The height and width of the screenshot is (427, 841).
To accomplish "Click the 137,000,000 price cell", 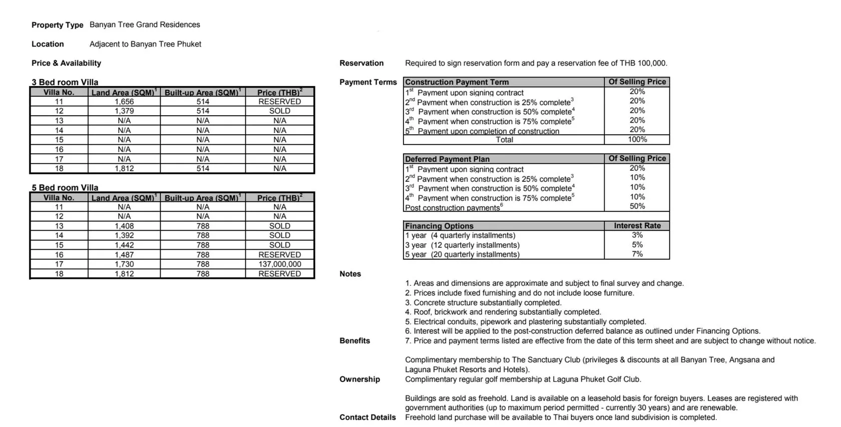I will pyautogui.click(x=279, y=264).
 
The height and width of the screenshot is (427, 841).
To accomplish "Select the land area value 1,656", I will pyautogui.click(x=124, y=102).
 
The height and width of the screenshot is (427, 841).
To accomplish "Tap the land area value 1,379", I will pyautogui.click(x=124, y=111).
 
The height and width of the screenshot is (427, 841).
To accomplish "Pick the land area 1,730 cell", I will pyautogui.click(x=124, y=264).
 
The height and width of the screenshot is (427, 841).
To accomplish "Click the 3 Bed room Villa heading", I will pyautogui.click(x=65, y=82).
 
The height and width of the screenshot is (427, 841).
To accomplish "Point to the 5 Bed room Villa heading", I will pyautogui.click(x=65, y=188).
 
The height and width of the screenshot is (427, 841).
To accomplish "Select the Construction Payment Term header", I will pyautogui.click(x=457, y=82).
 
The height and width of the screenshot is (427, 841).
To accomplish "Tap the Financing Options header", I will pyautogui.click(x=439, y=226).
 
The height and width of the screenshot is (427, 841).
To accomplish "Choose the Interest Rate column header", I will pyautogui.click(x=637, y=226).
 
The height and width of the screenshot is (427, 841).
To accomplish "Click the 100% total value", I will pyautogui.click(x=637, y=140).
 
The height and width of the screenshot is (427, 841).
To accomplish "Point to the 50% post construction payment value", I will pyautogui.click(x=637, y=206).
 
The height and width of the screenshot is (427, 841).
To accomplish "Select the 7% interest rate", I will pyautogui.click(x=637, y=254).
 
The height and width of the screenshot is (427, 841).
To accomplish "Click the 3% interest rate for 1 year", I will pyautogui.click(x=637, y=235).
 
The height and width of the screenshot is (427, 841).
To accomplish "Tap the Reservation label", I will pyautogui.click(x=361, y=63).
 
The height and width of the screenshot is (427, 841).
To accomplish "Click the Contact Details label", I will pyautogui.click(x=367, y=417).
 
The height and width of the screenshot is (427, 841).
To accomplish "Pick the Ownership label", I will pyautogui.click(x=359, y=379).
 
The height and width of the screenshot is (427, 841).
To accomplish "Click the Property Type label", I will pyautogui.click(x=57, y=25).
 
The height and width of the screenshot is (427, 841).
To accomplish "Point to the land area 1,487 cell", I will pyautogui.click(x=124, y=255).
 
